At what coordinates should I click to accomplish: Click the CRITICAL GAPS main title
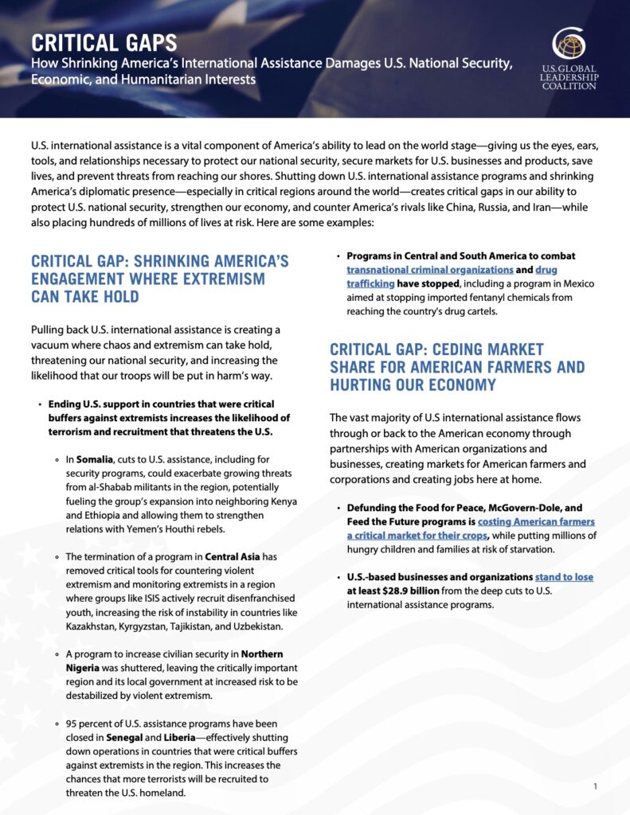point(104,43)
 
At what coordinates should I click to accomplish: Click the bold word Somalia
point(95,459)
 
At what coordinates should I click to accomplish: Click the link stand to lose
point(564,576)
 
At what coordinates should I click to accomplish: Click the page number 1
point(595,787)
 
